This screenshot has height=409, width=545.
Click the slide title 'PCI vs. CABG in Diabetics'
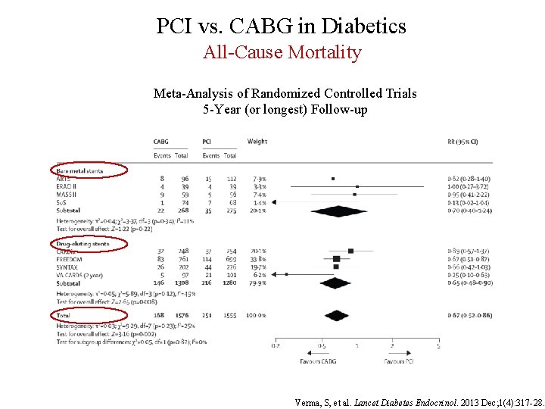(281, 27)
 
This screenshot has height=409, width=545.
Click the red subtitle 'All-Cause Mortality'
(282, 52)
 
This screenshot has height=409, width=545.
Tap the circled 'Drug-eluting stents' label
(83, 244)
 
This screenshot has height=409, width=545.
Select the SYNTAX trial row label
(68, 267)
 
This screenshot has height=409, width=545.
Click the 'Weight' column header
(257, 142)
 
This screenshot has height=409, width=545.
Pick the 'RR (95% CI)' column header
(462, 142)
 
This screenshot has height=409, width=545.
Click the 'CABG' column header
(160, 142)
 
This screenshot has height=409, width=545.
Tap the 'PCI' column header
(207, 142)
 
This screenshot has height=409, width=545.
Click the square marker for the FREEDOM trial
(336, 259)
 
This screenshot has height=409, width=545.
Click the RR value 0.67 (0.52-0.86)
(469, 314)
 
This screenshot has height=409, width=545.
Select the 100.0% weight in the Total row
(257, 314)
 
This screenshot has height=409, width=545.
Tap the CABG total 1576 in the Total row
(182, 314)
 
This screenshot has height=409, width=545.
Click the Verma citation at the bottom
(418, 402)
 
